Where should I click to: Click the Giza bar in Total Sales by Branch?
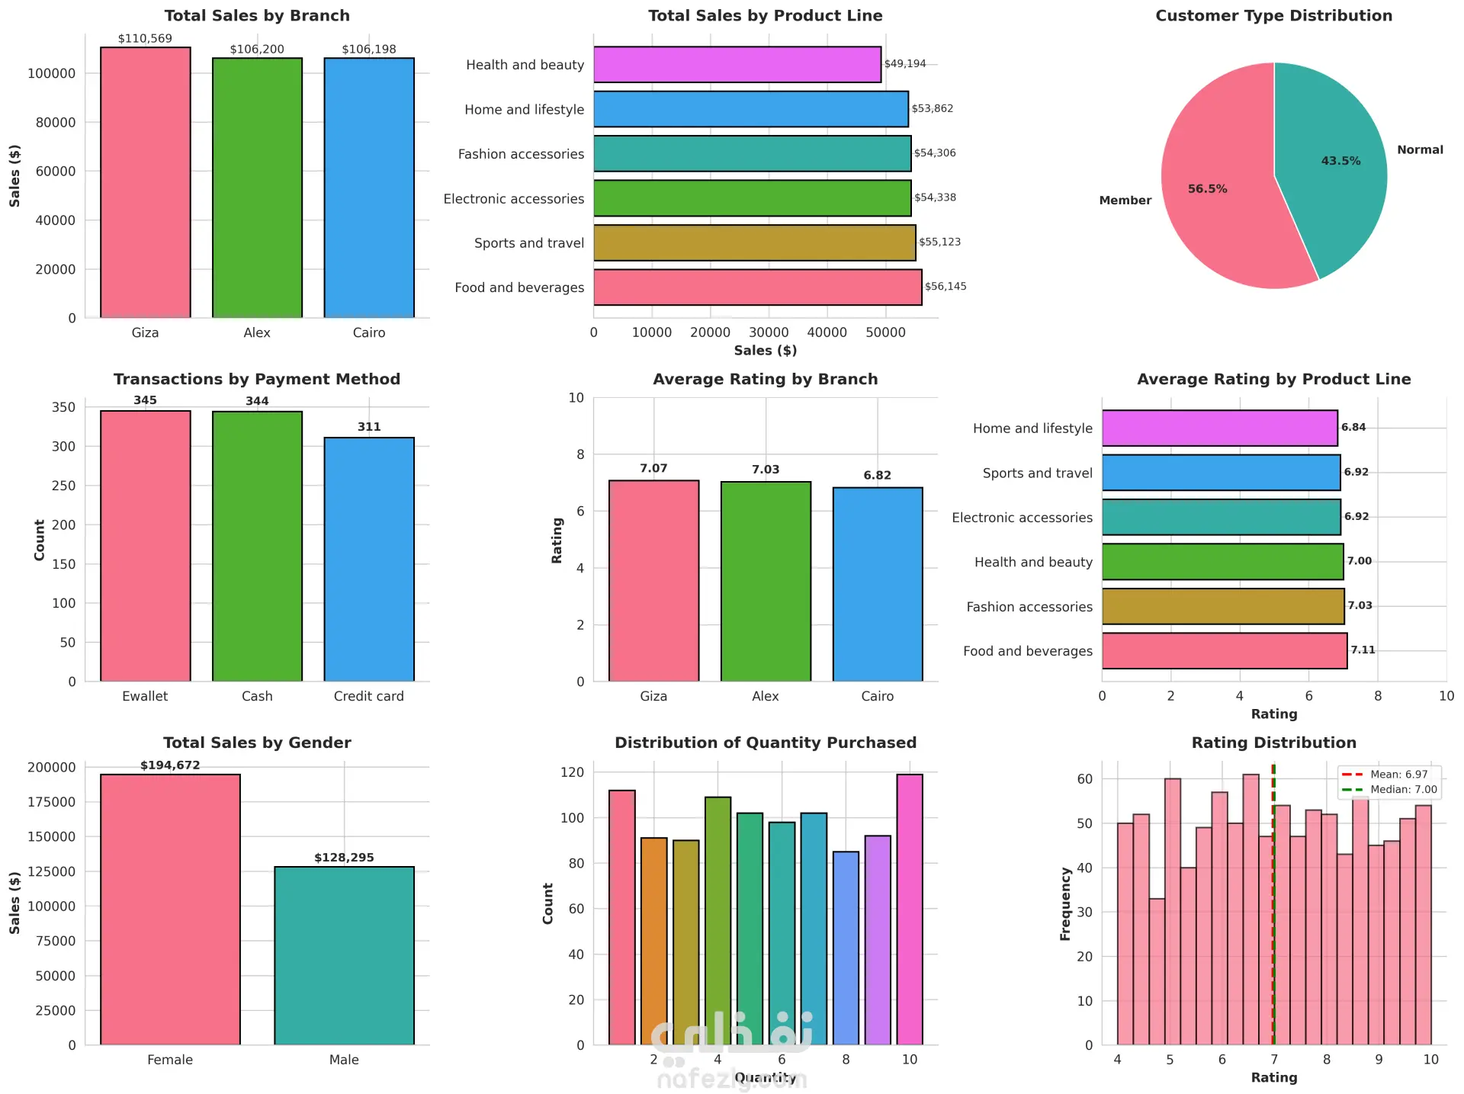click(x=145, y=183)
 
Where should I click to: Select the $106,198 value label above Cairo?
click(x=369, y=50)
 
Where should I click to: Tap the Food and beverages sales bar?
click(x=757, y=287)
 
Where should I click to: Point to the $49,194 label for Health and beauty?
click(x=905, y=64)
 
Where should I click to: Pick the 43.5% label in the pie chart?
click(x=1340, y=161)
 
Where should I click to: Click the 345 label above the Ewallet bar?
click(x=145, y=400)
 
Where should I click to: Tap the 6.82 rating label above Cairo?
click(x=877, y=476)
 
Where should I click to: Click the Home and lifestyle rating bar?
click(x=1219, y=428)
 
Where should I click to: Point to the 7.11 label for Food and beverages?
click(x=1363, y=650)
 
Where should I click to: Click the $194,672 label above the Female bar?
click(x=170, y=765)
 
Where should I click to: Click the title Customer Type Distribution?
click(x=1273, y=16)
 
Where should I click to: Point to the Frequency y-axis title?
click(x=1065, y=903)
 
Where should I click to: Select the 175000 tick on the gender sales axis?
click(x=51, y=802)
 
